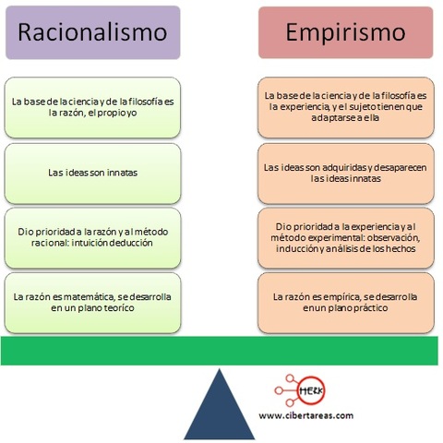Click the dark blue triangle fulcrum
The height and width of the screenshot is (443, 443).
(x=221, y=406)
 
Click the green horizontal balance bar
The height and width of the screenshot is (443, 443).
(x=221, y=351)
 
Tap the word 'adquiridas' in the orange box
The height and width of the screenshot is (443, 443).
(x=340, y=167)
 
